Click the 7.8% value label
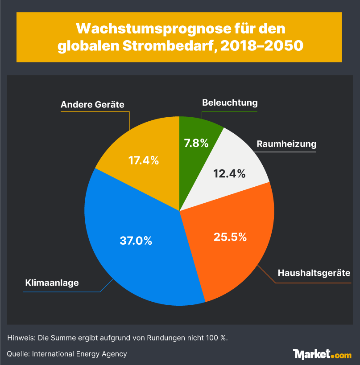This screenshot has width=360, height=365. click(x=196, y=143)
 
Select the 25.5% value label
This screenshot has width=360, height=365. click(x=230, y=237)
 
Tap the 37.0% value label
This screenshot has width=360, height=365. click(x=136, y=241)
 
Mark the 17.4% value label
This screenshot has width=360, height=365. click(x=144, y=160)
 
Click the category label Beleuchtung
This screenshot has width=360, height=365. click(x=230, y=103)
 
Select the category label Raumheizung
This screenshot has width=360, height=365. click(x=286, y=144)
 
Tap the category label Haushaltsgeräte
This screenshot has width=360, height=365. click(x=314, y=273)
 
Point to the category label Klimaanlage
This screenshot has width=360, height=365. click(x=52, y=283)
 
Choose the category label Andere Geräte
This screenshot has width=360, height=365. click(x=92, y=105)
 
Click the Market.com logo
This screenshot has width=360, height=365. click(x=322, y=354)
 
